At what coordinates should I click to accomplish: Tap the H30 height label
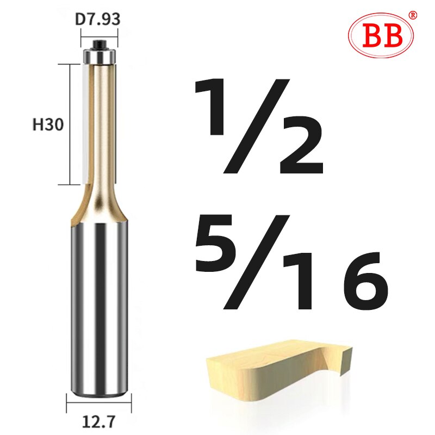coord(48,125)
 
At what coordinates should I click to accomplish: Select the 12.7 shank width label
coord(99,420)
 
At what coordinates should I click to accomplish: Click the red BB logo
coord(380,36)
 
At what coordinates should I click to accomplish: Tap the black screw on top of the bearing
coord(99,42)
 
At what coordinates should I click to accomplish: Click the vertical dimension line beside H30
coord(70,125)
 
